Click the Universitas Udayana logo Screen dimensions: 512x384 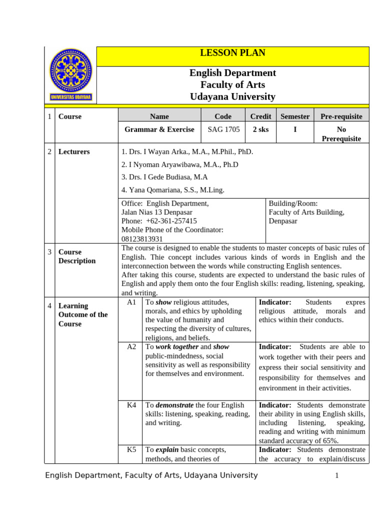click(x=70, y=75)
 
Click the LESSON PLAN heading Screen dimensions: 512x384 click(x=232, y=53)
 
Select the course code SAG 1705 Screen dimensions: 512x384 click(x=223, y=129)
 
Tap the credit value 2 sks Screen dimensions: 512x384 click(x=260, y=129)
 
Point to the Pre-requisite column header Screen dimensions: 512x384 click(x=341, y=116)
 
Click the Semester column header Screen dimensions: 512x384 click(x=295, y=116)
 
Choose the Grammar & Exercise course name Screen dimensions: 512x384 click(x=159, y=129)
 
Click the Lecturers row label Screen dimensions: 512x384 click(x=74, y=151)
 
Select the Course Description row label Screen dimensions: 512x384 click(x=77, y=256)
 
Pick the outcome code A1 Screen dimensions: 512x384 click(x=131, y=302)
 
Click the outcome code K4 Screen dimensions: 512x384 click(x=131, y=405)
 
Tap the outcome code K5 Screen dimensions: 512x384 click(x=131, y=449)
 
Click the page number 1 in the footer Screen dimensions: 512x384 click(x=337, y=475)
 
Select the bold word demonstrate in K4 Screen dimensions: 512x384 click(x=174, y=405)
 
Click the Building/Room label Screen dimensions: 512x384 click(x=293, y=203)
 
